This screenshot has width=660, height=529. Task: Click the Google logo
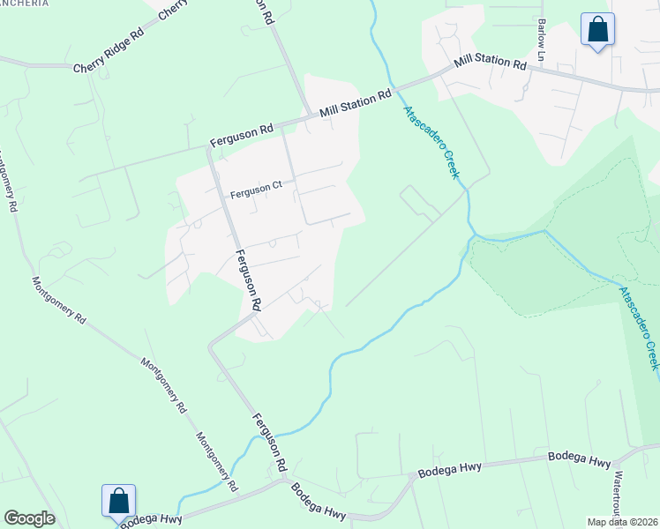29,518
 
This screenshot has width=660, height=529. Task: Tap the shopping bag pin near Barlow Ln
598,29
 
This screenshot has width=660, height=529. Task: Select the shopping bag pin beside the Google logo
118,501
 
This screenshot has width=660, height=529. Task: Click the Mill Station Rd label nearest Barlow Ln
490,63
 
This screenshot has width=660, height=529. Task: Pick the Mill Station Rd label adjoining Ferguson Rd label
355,104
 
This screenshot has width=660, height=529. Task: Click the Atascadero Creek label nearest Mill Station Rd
431,142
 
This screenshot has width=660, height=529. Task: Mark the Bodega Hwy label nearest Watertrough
579,459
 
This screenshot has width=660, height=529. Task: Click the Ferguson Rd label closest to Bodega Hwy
270,441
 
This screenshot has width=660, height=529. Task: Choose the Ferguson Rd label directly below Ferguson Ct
247,279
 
